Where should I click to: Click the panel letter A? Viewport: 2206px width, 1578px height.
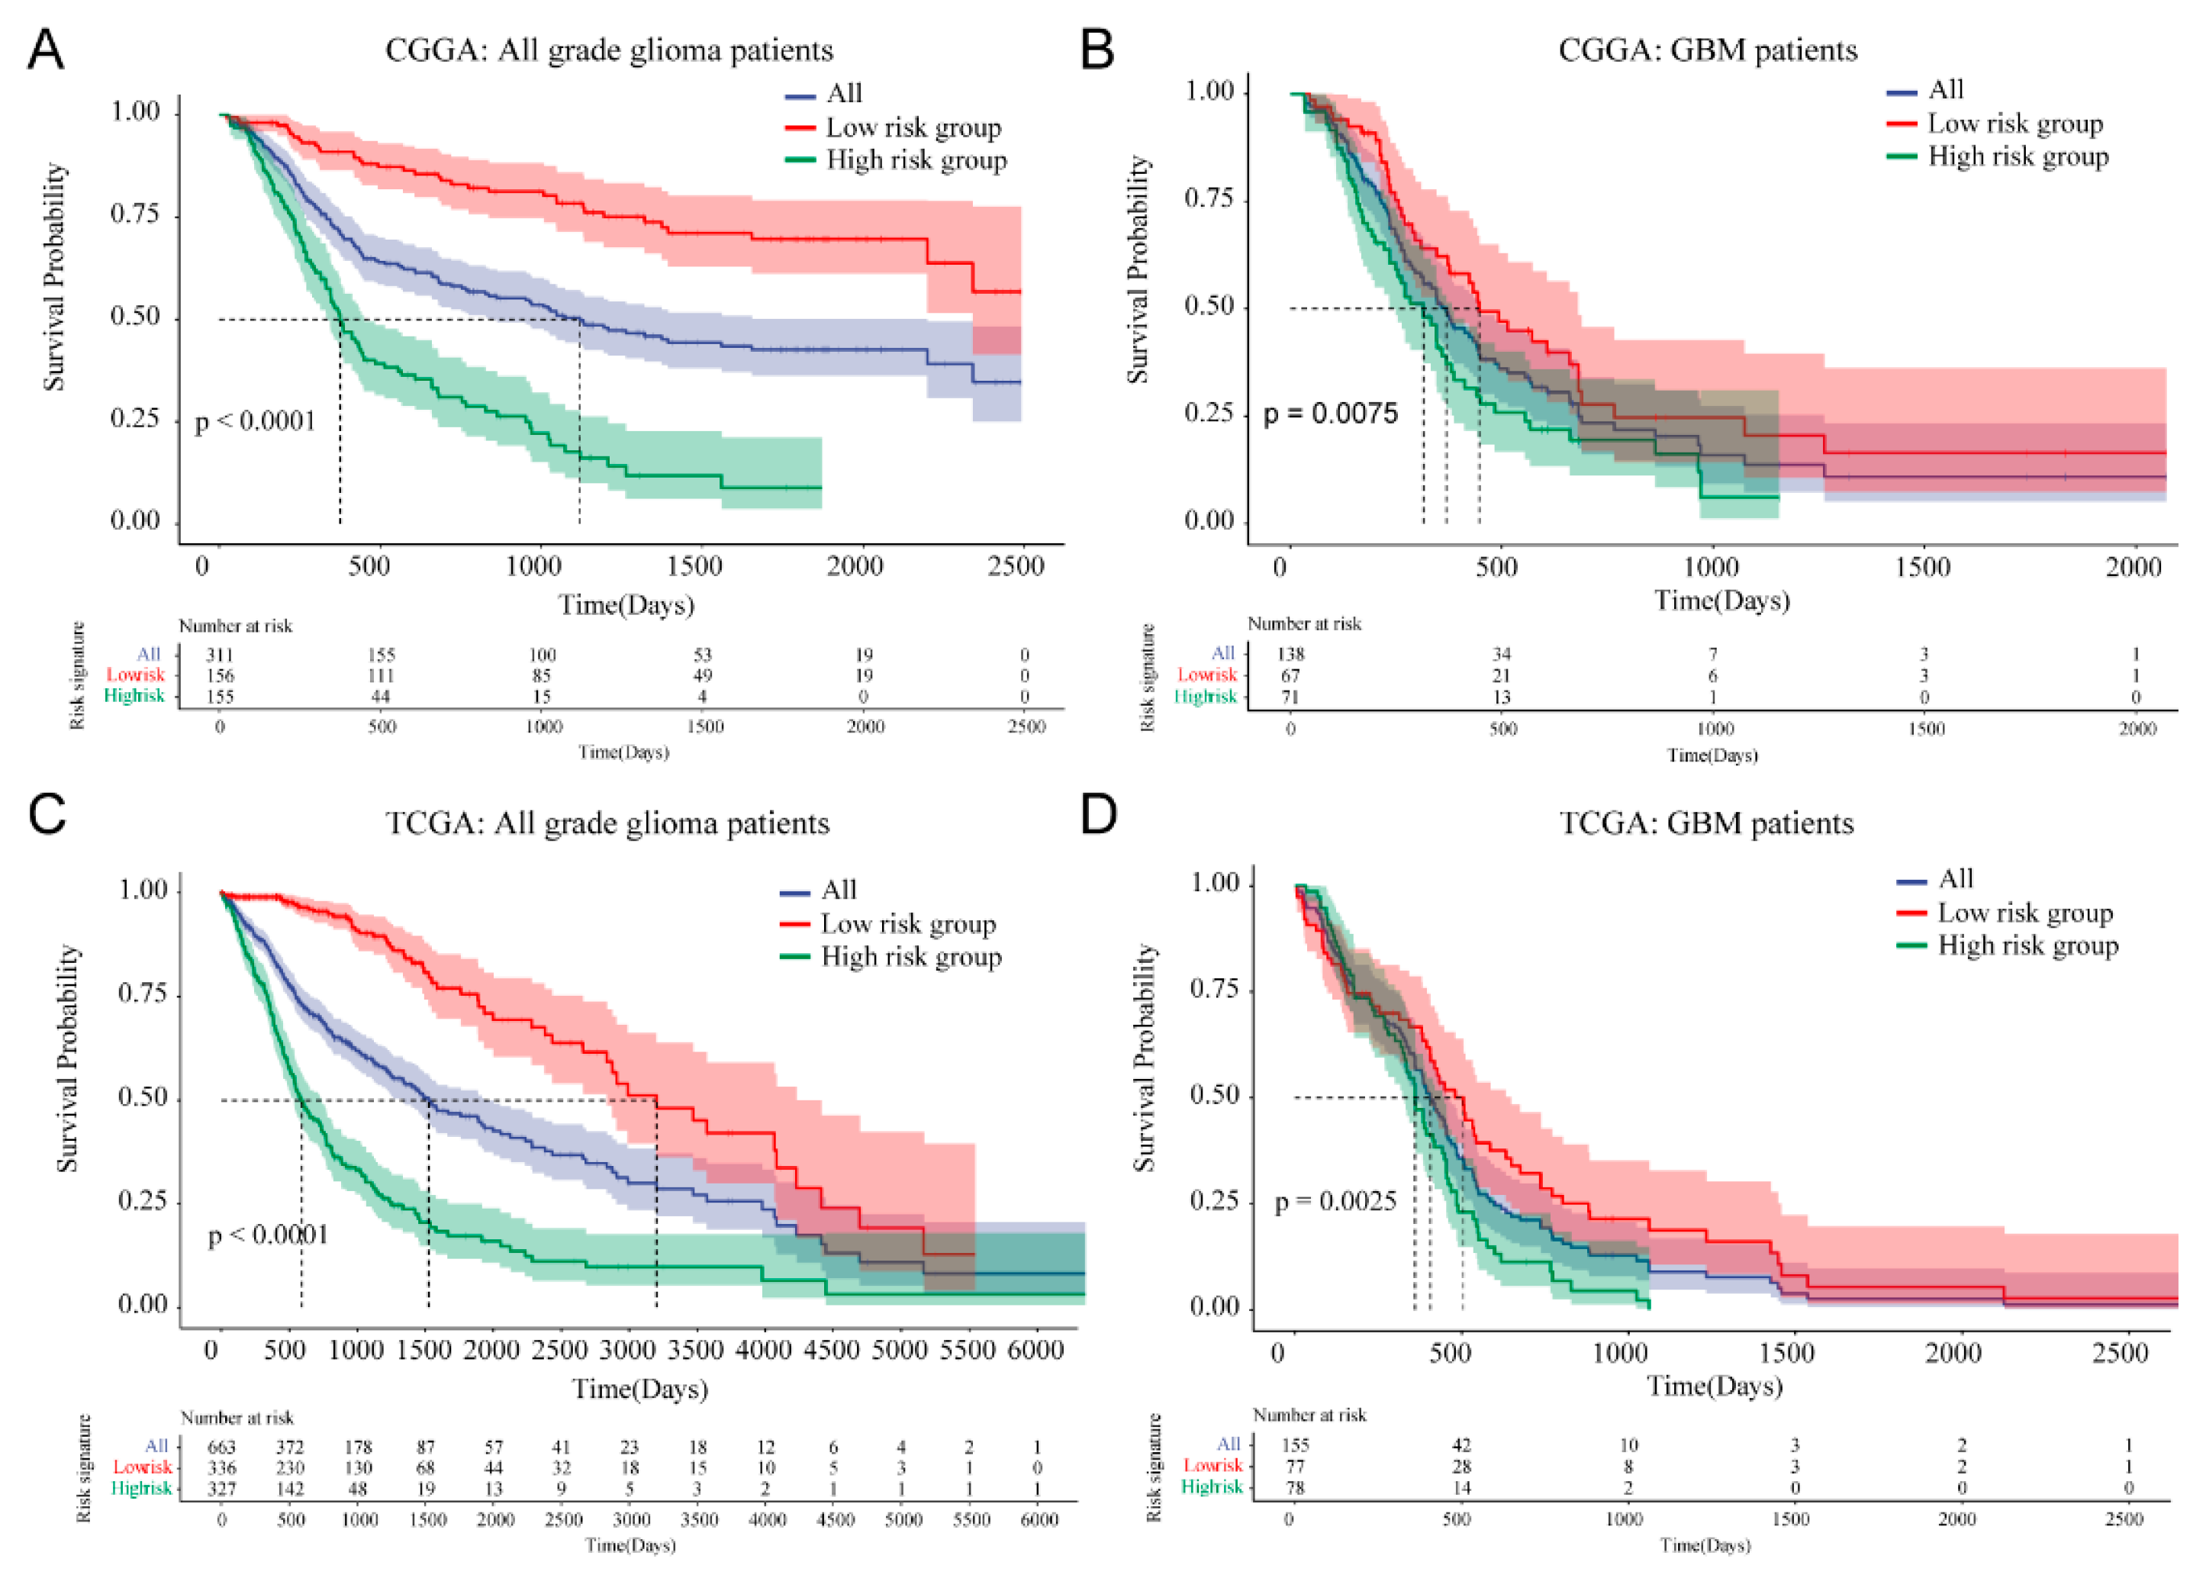pyautogui.click(x=46, y=49)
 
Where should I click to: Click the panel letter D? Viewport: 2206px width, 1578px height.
pyautogui.click(x=1099, y=814)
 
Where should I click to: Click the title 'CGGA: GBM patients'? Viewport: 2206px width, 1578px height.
pyautogui.click(x=1707, y=50)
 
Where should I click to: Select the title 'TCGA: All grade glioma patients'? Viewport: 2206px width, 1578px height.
pyautogui.click(x=607, y=823)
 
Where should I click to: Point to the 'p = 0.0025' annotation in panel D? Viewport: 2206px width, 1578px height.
pyautogui.click(x=1335, y=1202)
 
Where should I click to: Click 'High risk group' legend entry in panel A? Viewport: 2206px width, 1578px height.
pyautogui.click(x=915, y=160)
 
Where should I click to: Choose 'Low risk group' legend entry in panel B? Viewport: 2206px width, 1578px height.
pyautogui.click(x=2014, y=124)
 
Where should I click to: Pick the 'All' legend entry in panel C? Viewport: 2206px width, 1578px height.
pyautogui.click(x=839, y=890)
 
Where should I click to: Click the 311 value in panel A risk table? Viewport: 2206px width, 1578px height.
pyautogui.click(x=220, y=655)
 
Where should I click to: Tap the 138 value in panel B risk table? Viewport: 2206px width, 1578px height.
pyautogui.click(x=1290, y=654)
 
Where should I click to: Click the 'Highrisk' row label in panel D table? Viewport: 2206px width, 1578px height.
pyautogui.click(x=1211, y=1486)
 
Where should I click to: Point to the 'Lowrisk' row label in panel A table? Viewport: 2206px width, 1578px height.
pyautogui.click(x=136, y=675)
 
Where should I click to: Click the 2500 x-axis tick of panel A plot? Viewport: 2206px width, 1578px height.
pyautogui.click(x=1016, y=566)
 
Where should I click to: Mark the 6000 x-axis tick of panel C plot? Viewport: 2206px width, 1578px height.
pyautogui.click(x=1035, y=1350)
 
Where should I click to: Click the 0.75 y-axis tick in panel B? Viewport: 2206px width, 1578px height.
pyautogui.click(x=1209, y=198)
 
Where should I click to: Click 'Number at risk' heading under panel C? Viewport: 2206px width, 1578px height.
pyautogui.click(x=237, y=1418)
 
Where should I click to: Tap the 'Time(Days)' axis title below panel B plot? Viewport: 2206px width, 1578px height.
pyautogui.click(x=1721, y=601)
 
